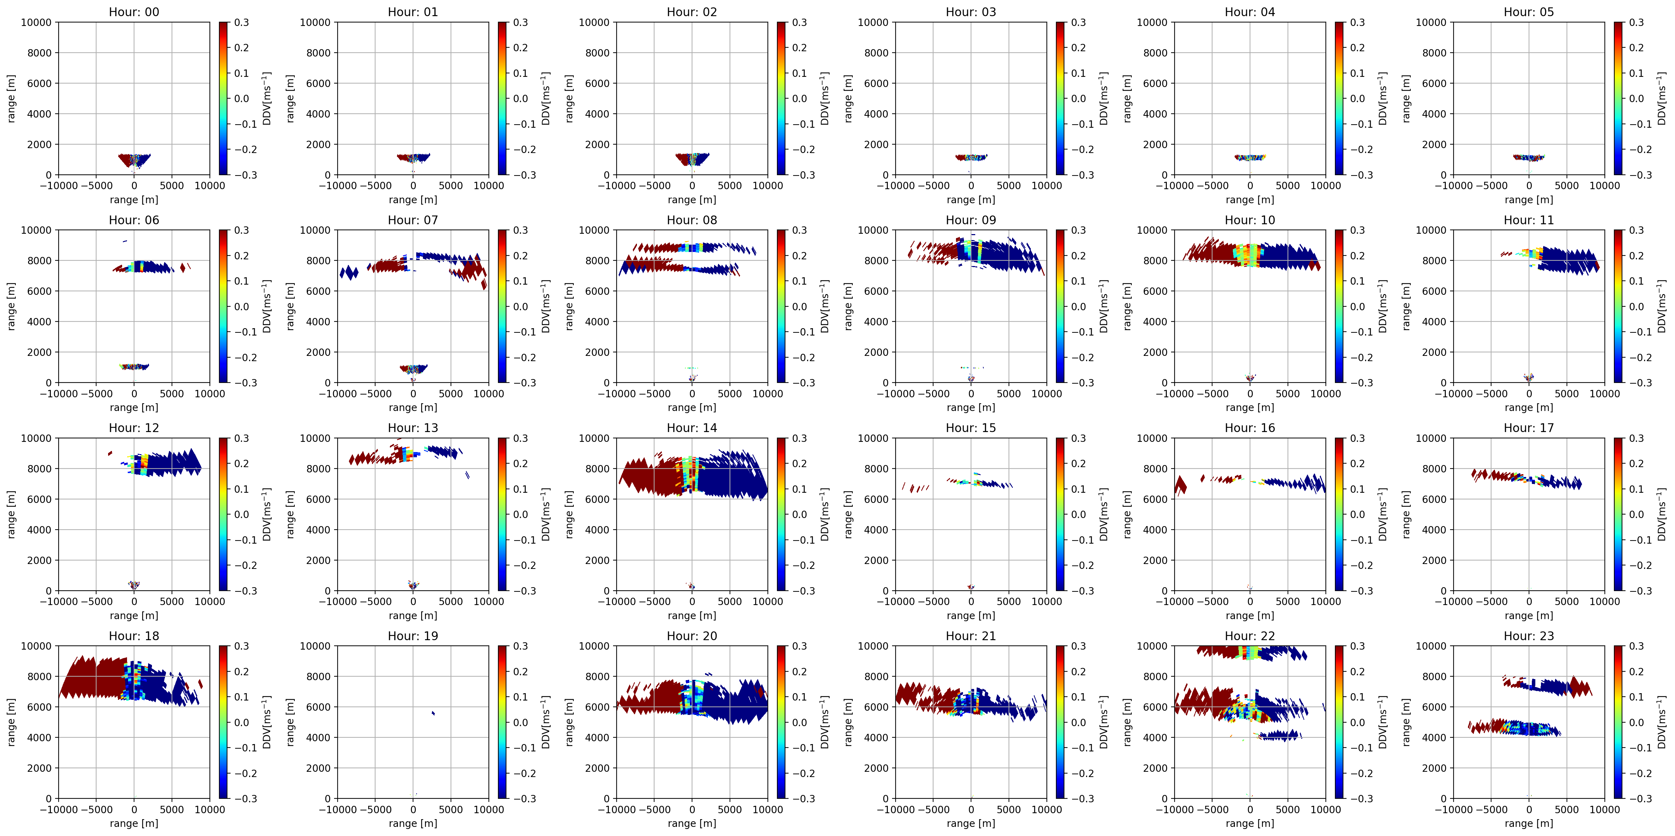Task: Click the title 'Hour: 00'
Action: click(134, 12)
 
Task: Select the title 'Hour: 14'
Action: click(692, 428)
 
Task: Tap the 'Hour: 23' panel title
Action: click(1529, 636)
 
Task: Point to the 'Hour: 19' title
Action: click(413, 636)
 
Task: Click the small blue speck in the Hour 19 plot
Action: click(433, 713)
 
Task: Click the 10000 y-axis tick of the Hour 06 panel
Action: click(36, 230)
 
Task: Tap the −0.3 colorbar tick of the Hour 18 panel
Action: click(246, 798)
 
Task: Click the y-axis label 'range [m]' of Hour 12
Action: click(11, 514)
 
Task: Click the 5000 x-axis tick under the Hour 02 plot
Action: click(730, 185)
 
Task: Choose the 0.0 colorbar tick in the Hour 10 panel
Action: click(1358, 306)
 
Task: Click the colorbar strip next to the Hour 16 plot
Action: click(1340, 514)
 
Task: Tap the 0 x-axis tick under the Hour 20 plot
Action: click(692, 809)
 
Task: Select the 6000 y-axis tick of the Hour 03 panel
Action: click(876, 83)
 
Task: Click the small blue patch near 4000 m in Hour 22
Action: click(1279, 735)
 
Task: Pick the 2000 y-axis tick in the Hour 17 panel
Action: click(1434, 560)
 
